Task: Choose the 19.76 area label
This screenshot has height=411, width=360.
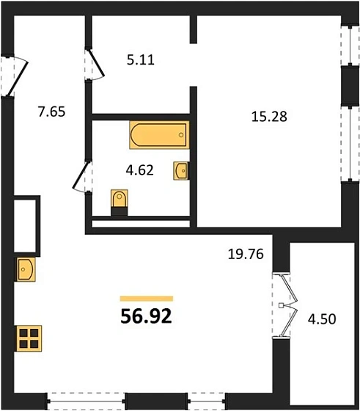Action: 244,255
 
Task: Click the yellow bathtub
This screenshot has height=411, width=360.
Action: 159,137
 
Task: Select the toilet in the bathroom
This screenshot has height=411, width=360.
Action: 120,201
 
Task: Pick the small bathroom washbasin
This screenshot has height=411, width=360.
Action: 181,170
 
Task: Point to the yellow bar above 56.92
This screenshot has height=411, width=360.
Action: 146,299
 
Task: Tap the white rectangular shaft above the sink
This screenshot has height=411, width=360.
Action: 26,224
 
